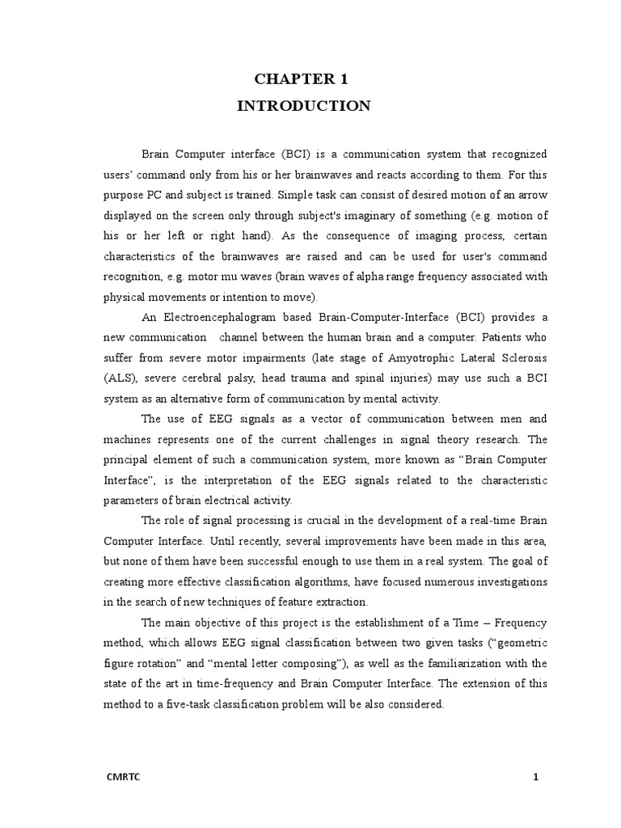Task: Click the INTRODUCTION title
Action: [304, 106]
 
